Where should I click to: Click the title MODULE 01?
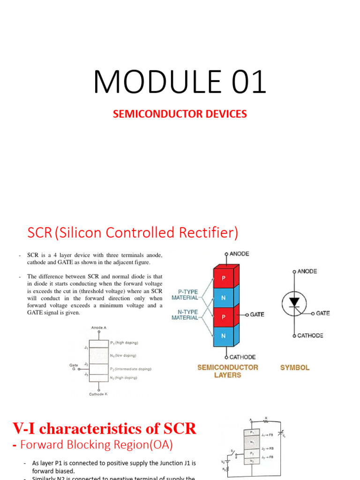[180, 82]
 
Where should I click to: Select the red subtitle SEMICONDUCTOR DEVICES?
[180, 114]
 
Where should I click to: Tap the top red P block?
[224, 277]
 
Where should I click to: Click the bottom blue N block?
[224, 336]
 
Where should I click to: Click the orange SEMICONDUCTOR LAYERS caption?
[227, 371]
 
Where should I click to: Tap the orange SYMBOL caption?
[295, 368]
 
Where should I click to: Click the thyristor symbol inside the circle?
[294, 303]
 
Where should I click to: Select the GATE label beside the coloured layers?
[257, 315]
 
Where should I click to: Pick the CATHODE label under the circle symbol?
[310, 336]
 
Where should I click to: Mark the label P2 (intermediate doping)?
[131, 369]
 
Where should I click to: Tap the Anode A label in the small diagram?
[98, 327]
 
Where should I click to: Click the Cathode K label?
[98, 394]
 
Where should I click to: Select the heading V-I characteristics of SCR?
[104, 428]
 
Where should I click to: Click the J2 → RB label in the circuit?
[268, 449]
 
